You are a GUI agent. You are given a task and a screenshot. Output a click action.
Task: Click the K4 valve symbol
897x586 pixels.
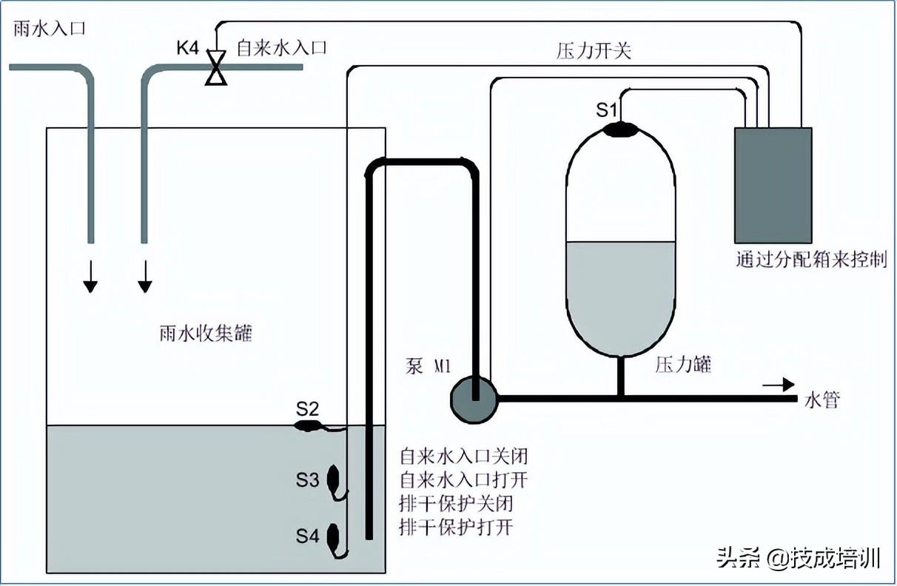(x=216, y=67)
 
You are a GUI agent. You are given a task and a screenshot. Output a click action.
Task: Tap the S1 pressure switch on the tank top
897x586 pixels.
(x=620, y=129)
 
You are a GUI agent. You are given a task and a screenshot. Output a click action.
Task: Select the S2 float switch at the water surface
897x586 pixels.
(x=308, y=425)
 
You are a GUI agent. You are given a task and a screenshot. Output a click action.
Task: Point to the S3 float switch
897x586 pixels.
(x=334, y=479)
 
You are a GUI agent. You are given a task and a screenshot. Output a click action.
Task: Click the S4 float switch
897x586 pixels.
(x=334, y=536)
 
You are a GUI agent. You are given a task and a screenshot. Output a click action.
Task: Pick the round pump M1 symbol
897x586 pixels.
(x=474, y=399)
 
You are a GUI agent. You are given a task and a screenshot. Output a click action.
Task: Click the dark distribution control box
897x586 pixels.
(x=773, y=185)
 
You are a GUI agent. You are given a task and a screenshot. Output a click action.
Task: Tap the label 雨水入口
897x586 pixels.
(x=50, y=29)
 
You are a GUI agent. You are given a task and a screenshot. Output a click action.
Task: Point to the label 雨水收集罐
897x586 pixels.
(x=206, y=334)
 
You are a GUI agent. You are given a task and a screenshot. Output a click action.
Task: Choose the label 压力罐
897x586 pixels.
(x=683, y=364)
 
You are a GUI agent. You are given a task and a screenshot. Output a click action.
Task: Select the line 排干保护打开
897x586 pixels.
(x=456, y=528)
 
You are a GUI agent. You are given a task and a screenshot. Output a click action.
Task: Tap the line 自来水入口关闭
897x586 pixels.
(x=464, y=454)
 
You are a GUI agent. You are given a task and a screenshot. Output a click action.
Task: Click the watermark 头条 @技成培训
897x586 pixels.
(x=799, y=556)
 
